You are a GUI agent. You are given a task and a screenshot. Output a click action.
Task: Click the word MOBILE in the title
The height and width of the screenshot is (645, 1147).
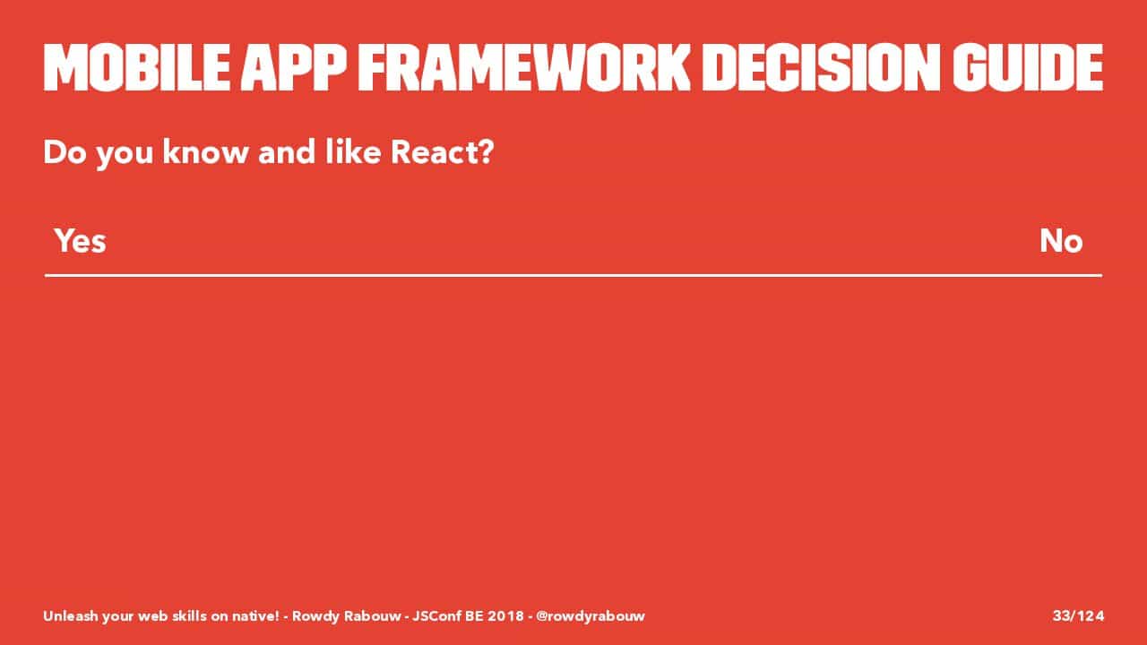137,67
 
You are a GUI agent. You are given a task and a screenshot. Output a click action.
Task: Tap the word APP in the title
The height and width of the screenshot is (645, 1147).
294,67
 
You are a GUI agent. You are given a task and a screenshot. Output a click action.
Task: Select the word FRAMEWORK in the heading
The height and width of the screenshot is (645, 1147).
524,67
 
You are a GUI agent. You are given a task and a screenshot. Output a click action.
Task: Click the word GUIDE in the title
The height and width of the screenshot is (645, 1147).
1028,67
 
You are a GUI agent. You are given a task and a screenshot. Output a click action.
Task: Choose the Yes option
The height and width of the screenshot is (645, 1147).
81,241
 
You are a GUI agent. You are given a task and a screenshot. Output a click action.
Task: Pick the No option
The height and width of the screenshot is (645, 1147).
1061,241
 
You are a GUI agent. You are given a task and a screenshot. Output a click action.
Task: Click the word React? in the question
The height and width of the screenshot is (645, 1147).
442,152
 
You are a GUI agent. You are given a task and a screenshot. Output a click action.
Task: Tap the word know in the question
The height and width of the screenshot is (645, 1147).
205,152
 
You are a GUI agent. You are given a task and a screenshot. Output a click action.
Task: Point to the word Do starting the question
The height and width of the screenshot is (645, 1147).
65,152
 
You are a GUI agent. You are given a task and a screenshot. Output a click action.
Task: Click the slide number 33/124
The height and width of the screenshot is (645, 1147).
1078,615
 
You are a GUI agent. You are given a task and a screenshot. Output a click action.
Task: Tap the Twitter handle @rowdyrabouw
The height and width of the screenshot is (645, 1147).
591,616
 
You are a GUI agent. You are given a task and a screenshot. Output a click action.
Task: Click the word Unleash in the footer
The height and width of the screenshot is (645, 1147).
70,615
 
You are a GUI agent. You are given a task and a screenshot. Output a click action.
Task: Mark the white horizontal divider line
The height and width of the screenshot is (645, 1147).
573,275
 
